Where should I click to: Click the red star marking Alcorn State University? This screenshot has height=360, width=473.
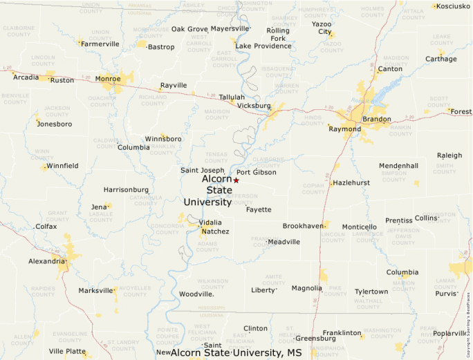click(x=236, y=180)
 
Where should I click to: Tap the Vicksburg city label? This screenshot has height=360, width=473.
click(x=254, y=106)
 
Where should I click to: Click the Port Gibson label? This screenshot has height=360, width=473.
click(x=256, y=172)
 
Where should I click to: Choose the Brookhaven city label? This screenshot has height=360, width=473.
click(x=303, y=226)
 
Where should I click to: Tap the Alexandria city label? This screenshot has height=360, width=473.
click(x=46, y=261)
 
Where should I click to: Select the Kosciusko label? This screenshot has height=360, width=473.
click(x=454, y=6)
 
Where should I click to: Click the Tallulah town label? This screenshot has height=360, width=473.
click(x=232, y=97)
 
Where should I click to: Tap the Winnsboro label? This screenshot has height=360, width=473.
click(x=163, y=139)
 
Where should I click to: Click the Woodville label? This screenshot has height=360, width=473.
click(x=196, y=294)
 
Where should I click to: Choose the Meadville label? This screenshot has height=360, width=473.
click(x=284, y=242)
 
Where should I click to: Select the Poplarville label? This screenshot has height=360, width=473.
click(x=450, y=333)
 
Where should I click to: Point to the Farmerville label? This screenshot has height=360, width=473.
click(x=100, y=44)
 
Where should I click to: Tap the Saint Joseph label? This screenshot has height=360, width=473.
click(x=202, y=170)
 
